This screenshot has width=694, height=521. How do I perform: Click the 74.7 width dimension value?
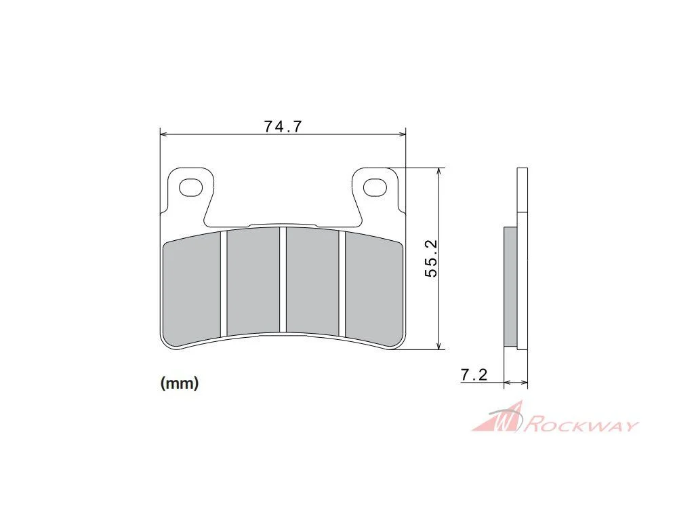[283, 127]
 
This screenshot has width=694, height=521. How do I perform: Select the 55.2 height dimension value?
[430, 258]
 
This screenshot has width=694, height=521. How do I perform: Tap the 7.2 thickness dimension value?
[474, 375]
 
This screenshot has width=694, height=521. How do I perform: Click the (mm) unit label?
[180, 383]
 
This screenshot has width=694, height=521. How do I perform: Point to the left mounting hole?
[190, 187]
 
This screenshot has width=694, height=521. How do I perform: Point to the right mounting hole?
[374, 187]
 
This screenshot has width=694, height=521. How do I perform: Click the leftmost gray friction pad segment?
[192, 290]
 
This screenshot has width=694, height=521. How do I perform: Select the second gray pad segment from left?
[253, 282]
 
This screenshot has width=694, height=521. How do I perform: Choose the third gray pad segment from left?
[312, 282]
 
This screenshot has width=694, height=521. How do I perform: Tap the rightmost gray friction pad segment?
[374, 289]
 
